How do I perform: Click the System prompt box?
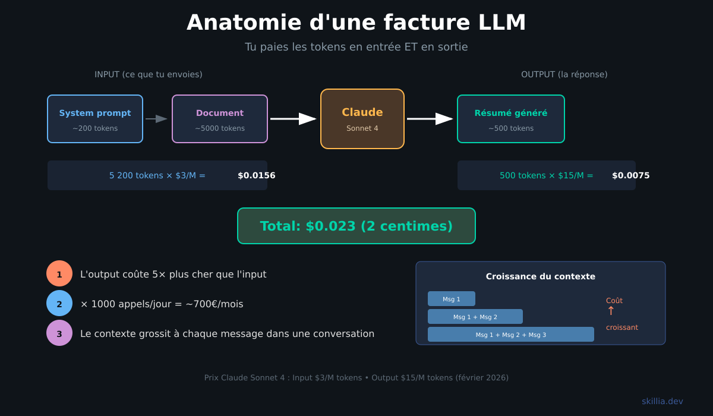tap(95, 119)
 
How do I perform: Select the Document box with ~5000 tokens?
tap(220, 119)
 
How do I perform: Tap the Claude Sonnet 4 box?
tap(362, 119)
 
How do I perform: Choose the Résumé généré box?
tap(511, 119)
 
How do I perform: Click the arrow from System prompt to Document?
tap(157, 119)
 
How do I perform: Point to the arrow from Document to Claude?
tap(293, 119)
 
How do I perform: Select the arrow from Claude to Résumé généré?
tap(430, 119)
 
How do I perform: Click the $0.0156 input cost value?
tap(256, 175)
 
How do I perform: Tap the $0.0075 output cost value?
tap(630, 175)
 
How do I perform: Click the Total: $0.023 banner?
tap(356, 226)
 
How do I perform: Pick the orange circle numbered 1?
tap(59, 274)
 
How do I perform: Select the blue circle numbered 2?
tap(59, 304)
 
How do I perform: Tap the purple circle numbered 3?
tap(59, 333)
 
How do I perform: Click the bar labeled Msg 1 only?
tap(452, 299)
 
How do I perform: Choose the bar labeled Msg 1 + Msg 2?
tap(475, 317)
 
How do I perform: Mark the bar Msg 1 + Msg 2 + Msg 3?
tap(511, 335)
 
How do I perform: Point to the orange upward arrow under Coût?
tap(611, 311)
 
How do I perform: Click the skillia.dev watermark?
tap(662, 401)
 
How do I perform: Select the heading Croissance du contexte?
tap(540, 276)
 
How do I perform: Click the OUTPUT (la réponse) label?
tap(564, 74)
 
